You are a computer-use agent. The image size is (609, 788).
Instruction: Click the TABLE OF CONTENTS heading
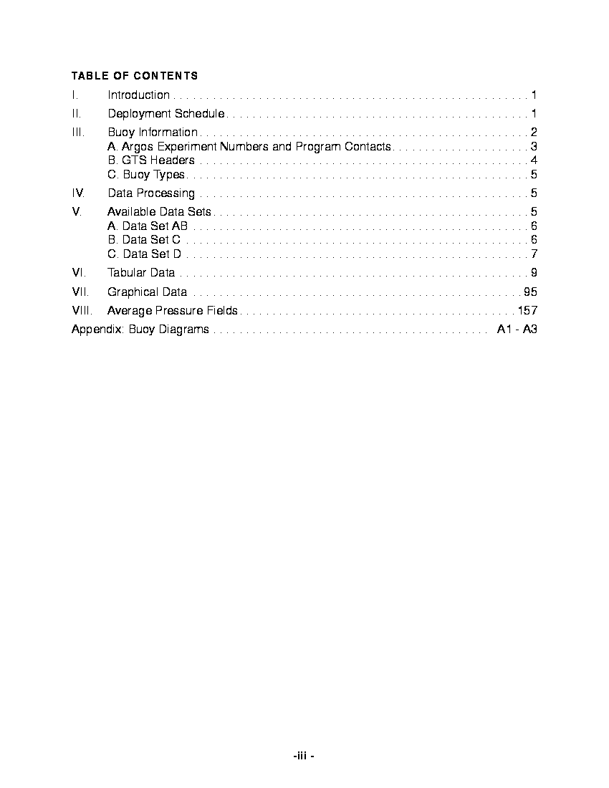[135, 75]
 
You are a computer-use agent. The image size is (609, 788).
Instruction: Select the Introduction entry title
[138, 95]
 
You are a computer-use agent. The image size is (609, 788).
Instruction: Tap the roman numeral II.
[76, 113]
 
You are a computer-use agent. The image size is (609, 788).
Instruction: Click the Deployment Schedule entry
[166, 113]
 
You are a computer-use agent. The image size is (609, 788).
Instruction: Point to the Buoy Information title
[153, 132]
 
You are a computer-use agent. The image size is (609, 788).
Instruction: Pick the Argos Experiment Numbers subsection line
[249, 146]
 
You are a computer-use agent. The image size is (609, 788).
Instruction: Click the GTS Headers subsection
[151, 160]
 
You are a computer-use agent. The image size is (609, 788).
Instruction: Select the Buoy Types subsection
[146, 175]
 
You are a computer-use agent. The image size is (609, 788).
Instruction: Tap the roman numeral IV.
[78, 193]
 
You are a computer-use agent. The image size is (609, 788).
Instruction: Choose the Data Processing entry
[151, 193]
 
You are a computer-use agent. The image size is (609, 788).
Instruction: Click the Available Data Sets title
[159, 211]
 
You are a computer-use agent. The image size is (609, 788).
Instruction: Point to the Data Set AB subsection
[148, 226]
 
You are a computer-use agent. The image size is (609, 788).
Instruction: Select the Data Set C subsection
[144, 240]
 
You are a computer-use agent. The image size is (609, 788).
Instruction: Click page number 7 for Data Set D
[534, 254]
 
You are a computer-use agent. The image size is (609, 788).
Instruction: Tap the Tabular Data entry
[141, 272]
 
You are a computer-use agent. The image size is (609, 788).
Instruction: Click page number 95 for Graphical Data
[530, 292]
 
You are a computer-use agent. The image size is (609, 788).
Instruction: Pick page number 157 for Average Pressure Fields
[527, 310]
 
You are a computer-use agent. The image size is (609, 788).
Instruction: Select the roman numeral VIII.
[80, 310]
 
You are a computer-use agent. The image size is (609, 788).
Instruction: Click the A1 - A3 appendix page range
[517, 329]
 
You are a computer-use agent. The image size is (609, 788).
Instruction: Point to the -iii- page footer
[304, 756]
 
